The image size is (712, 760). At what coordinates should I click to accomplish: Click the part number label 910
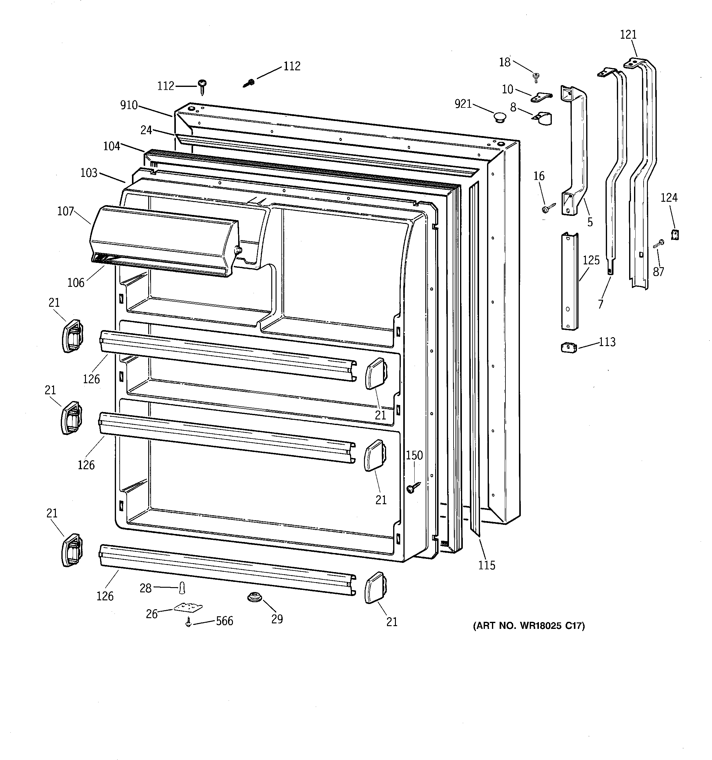(129, 105)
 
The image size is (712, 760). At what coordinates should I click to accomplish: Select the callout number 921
(463, 103)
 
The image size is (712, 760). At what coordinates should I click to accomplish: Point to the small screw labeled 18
(536, 77)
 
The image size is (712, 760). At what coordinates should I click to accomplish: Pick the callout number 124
(669, 198)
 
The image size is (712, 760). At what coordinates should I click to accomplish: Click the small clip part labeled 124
(675, 234)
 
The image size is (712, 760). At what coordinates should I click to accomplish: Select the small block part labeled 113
(568, 348)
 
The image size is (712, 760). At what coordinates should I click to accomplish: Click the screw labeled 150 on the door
(412, 487)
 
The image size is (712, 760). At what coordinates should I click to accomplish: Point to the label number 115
(486, 565)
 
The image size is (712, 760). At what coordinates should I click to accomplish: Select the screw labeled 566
(188, 622)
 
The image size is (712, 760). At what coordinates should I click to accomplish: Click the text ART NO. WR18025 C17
(529, 626)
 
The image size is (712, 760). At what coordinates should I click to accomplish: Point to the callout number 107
(65, 211)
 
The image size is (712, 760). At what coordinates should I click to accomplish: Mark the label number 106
(76, 283)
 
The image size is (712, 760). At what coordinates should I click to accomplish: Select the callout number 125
(591, 260)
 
